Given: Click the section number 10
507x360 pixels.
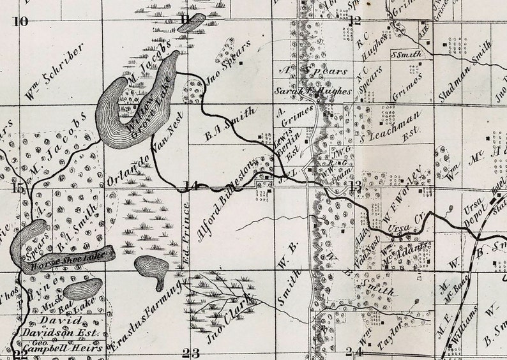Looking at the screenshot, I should pyautogui.click(x=21, y=21).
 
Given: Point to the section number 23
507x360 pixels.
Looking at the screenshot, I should pyautogui.click(x=190, y=353).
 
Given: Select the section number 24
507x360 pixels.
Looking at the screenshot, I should pyautogui.click(x=354, y=352).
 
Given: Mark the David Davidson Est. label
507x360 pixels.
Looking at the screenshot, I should pyautogui.click(x=61, y=326).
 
